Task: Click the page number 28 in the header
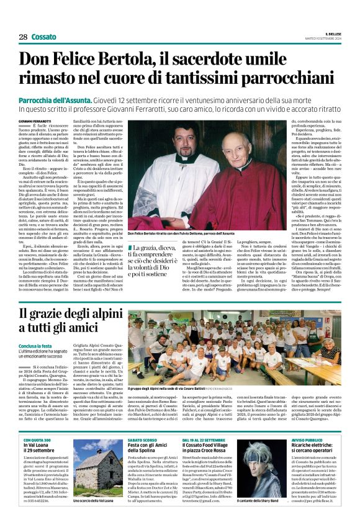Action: click(x=22, y=37)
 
